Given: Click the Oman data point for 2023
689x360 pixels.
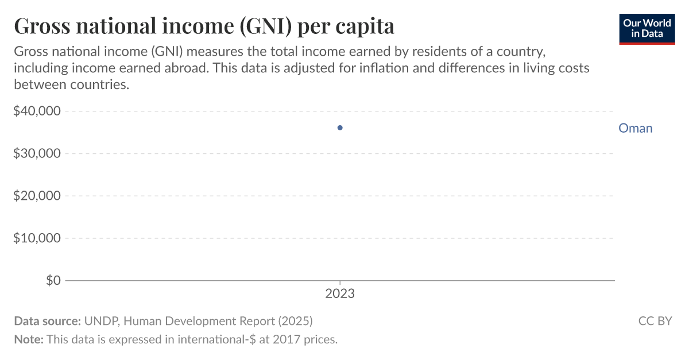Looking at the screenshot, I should pos(340,127).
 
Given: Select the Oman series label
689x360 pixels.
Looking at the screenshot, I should pos(635,128).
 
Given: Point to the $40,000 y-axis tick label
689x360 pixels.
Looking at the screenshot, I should pos(37,111).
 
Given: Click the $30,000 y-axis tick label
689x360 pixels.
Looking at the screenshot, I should pos(37,153).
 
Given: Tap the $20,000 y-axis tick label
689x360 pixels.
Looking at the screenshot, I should pos(37,196).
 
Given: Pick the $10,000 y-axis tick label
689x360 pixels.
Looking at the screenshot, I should pos(37,238).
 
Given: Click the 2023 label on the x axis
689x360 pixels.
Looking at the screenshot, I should pos(340,294).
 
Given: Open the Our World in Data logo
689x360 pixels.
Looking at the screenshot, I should pos(647,28).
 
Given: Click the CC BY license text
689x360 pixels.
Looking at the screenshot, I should pos(655,321).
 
